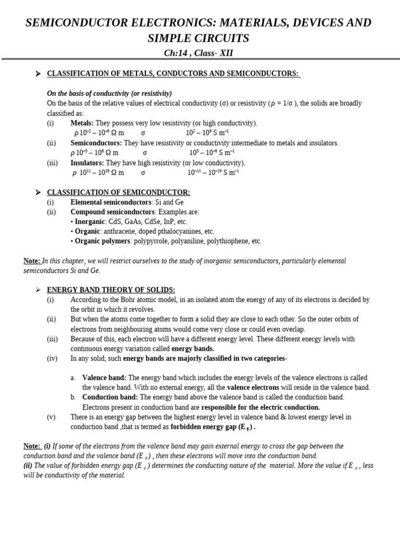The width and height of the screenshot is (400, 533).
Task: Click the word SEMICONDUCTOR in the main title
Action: pyautogui.click(x=79, y=23)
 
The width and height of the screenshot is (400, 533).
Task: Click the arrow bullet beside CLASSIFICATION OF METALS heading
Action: pyautogui.click(x=37, y=74)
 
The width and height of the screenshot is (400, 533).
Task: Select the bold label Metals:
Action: pyautogui.click(x=82, y=123)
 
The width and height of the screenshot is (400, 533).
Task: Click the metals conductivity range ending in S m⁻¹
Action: pyautogui.click(x=207, y=133)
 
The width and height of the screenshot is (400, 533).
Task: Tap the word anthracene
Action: pyautogui.click(x=121, y=231)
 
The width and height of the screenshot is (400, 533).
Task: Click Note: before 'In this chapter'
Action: pyautogui.click(x=32, y=261)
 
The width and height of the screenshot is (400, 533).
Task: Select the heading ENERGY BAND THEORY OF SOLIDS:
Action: pyautogui.click(x=111, y=290)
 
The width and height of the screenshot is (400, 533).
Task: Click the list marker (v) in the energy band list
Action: pyautogui.click(x=51, y=417)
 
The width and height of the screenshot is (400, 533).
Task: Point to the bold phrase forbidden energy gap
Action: pyautogui.click(x=203, y=427)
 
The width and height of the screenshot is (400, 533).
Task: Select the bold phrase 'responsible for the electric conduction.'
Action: pyautogui.click(x=260, y=407)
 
